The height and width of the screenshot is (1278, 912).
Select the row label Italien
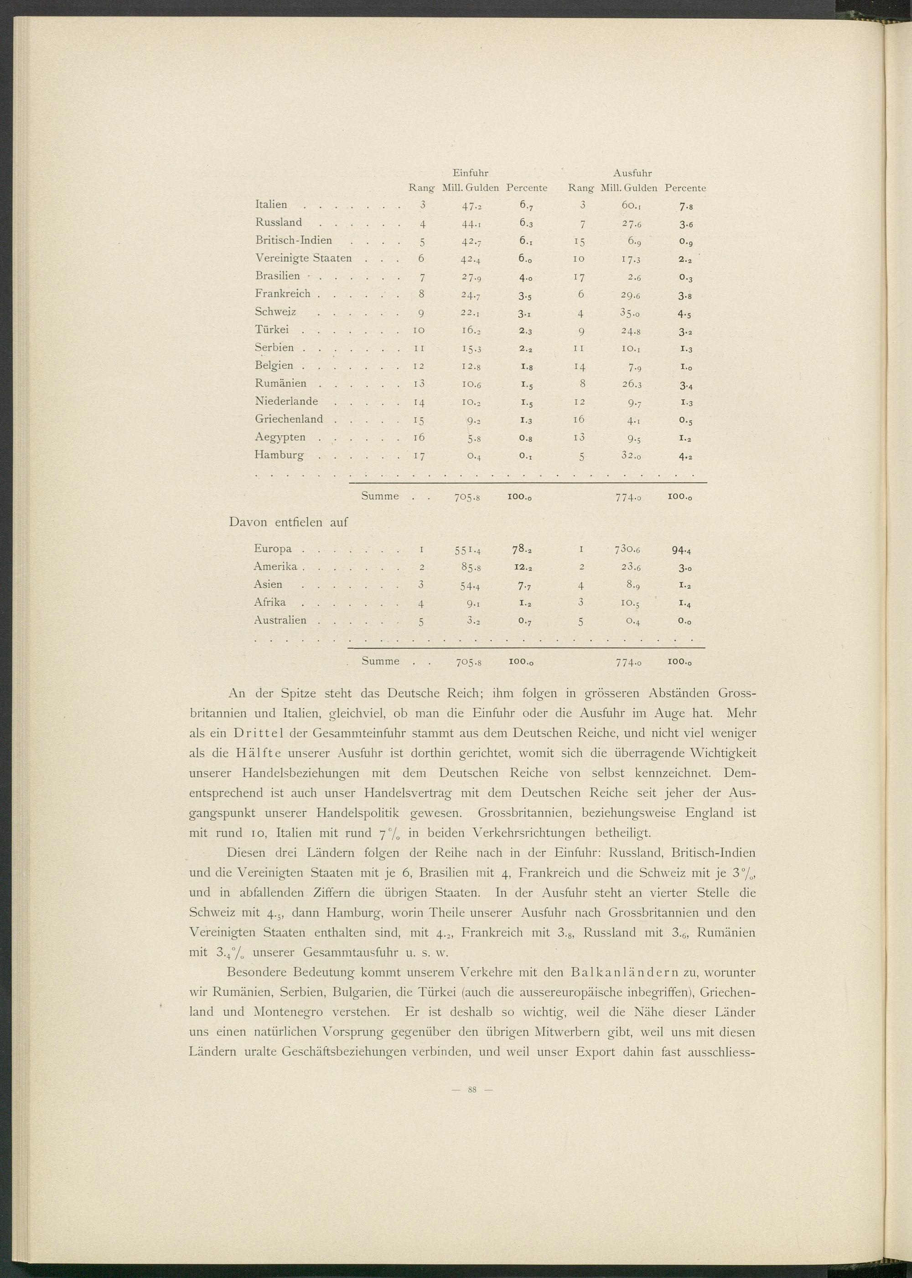click(271, 205)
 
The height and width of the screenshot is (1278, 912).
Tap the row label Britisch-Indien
click(294, 240)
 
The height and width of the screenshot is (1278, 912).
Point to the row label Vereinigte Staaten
click(303, 259)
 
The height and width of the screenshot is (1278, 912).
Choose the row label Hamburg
click(279, 455)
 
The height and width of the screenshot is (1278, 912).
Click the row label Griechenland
click(289, 419)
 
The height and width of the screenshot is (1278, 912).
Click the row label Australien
click(280, 621)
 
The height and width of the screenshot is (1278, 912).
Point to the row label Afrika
click(270, 602)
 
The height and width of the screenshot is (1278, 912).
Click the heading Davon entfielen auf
click(289, 522)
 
